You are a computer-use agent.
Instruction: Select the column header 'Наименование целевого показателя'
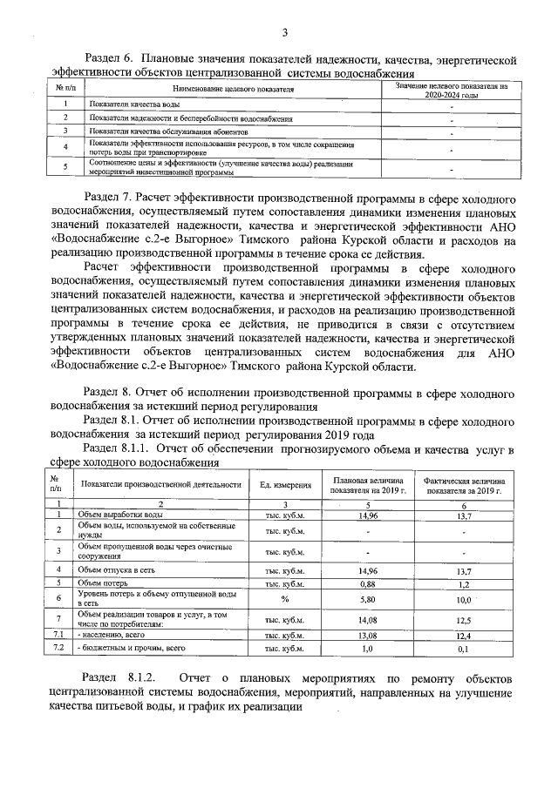[233, 89]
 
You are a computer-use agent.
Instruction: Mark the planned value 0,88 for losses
[367, 583]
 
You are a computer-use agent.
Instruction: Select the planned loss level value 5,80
[367, 599]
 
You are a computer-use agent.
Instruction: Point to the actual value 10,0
[463, 600]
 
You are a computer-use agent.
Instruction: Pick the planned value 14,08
[367, 620]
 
